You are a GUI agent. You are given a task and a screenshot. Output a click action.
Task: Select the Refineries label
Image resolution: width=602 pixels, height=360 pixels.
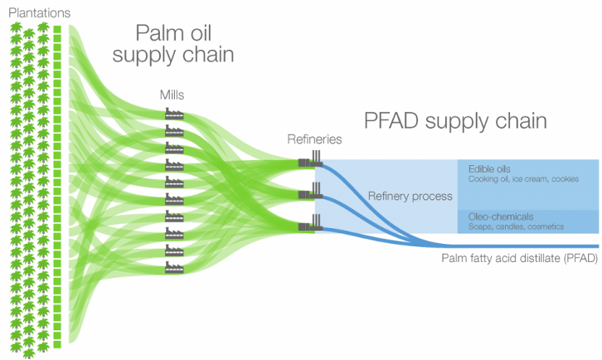(314, 139)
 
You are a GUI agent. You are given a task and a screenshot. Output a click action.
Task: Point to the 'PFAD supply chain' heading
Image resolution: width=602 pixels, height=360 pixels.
(455, 121)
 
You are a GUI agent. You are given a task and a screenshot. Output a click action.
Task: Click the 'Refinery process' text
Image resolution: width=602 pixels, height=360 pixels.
(410, 197)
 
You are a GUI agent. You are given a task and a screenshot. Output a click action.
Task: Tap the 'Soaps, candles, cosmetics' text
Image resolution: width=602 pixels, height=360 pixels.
(516, 226)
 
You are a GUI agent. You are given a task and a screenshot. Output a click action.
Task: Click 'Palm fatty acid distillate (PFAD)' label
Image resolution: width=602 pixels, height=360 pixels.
(518, 258)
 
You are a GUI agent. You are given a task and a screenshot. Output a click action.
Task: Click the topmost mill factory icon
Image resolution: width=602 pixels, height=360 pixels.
(173, 114)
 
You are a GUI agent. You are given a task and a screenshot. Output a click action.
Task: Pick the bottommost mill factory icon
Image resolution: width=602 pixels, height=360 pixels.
(173, 267)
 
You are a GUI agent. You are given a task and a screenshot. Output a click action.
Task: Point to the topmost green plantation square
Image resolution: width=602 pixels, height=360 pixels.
(57, 31)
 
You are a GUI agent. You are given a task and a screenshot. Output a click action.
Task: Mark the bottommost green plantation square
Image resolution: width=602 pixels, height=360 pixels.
(57, 343)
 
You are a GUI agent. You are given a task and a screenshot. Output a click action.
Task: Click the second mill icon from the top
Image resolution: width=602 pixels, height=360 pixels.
(173, 131)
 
